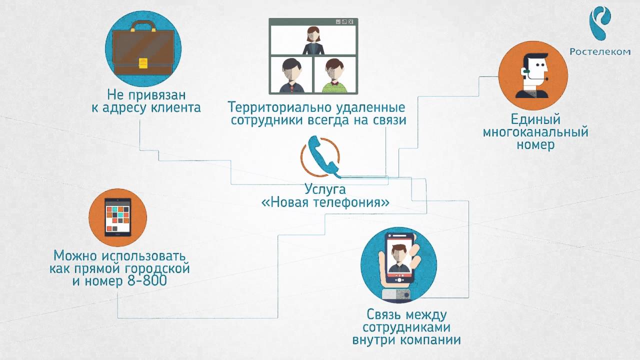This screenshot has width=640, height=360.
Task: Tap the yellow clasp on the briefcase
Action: coord(142,62)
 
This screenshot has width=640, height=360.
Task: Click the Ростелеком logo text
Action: coord(600,51)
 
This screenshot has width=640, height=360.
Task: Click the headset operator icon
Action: coord(533,73)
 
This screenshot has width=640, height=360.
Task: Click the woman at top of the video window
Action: coord(312,40)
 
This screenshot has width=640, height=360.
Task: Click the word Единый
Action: coord(535,120)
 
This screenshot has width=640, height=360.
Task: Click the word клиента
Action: coord(173,107)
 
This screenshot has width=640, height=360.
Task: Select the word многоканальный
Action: coord(535,132)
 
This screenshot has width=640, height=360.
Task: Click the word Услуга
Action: coord(325,190)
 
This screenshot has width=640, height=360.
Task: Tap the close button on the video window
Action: coord(351,22)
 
